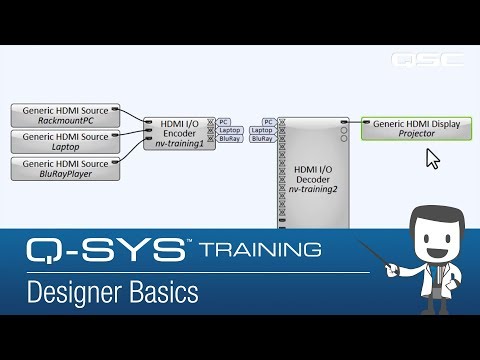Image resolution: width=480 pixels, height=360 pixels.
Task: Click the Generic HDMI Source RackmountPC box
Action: point(65,113)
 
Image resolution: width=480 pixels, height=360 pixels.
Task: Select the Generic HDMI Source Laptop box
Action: point(65,140)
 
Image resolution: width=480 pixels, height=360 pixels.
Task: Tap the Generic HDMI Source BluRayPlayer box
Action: point(65,167)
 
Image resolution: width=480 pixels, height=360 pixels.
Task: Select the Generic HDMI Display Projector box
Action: point(417,127)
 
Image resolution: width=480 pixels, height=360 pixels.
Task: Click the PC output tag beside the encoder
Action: point(225,121)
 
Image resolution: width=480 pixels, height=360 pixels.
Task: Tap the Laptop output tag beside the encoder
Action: point(229,130)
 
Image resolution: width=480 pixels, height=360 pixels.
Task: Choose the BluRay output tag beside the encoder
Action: point(229,139)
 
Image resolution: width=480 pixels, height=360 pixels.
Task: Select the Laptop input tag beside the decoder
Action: point(262,130)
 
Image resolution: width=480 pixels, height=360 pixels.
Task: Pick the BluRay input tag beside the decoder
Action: point(262,139)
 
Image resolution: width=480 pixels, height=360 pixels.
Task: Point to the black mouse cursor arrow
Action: point(432,158)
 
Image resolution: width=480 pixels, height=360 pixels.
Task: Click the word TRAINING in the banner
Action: point(260,248)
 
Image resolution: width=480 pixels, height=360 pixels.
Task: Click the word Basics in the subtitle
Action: point(166,293)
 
